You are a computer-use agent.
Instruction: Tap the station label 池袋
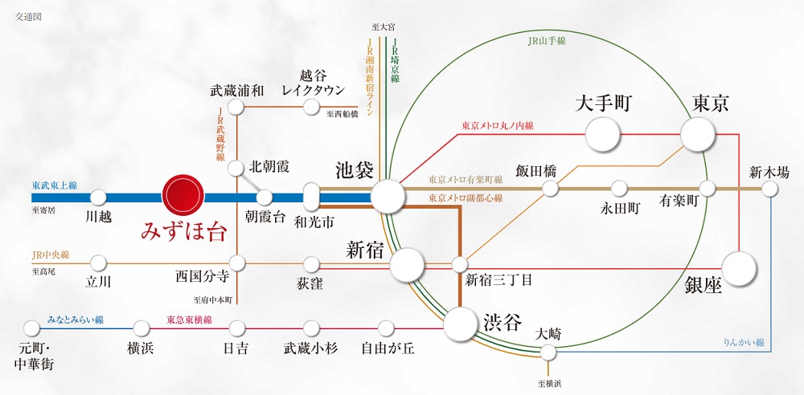355,170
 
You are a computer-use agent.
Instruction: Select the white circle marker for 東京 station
697,133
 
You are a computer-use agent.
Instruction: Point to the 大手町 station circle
603,133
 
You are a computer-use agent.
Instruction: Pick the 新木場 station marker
770,189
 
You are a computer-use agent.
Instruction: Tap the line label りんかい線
745,343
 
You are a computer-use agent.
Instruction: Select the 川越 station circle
98,197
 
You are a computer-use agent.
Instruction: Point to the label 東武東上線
55,185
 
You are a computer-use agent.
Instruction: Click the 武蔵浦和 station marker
236,107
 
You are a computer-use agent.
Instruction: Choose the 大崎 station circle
549,352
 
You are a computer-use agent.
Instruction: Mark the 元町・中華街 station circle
31,328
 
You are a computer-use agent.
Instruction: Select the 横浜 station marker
142,328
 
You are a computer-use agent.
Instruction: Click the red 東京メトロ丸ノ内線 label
498,125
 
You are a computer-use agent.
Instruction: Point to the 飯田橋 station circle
550,189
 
